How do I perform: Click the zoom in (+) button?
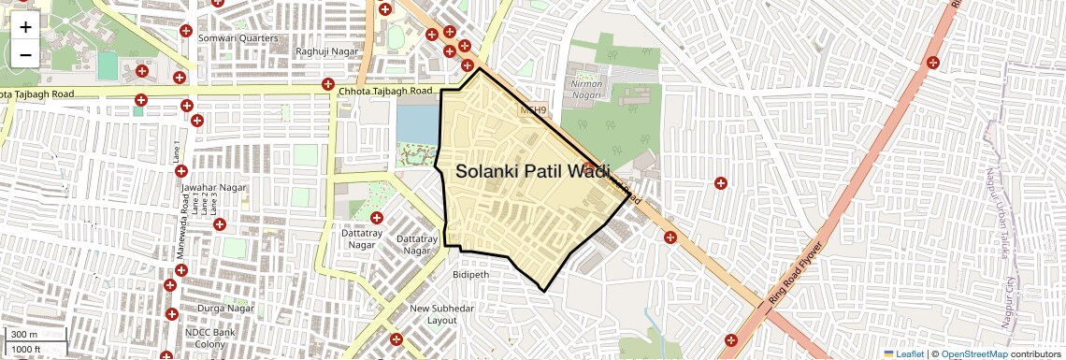coord(25,27)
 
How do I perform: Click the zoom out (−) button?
coord(25,54)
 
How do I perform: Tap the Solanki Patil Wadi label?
coord(532,171)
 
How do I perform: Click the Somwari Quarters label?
coord(245,38)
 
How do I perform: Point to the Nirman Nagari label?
coord(586,89)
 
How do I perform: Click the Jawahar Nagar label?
coord(213,188)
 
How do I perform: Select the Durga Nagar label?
coord(226,308)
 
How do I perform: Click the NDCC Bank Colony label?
coord(209,338)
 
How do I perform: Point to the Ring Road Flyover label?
coord(796,274)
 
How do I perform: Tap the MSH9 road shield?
coord(531,109)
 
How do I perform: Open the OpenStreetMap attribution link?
coord(973,354)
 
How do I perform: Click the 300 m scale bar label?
coord(24,335)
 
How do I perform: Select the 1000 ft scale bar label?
coord(27,350)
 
